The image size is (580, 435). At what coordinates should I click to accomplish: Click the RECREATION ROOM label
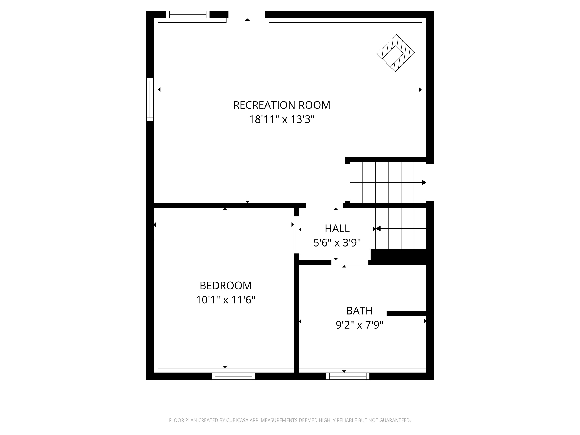(x=281, y=105)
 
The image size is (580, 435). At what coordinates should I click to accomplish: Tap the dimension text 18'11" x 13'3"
(x=281, y=119)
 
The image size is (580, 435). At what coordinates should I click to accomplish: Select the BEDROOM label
(x=225, y=286)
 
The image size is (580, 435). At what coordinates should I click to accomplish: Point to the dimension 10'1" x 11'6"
(x=225, y=300)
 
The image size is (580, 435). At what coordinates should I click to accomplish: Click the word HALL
(x=337, y=229)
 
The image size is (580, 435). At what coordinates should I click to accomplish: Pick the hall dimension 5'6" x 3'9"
(x=337, y=243)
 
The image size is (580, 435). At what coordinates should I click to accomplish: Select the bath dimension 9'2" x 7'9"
(x=359, y=325)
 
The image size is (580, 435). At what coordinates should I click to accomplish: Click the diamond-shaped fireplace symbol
(x=396, y=53)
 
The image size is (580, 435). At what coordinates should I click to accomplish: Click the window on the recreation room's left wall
(x=150, y=99)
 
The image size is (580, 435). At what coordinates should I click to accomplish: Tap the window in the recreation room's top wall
(x=188, y=14)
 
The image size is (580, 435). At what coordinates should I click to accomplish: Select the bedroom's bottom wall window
(x=233, y=376)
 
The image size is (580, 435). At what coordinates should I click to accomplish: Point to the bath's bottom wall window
(x=348, y=376)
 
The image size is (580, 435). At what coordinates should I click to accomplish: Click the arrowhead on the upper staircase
(x=424, y=183)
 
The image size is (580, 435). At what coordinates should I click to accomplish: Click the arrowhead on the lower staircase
(x=378, y=229)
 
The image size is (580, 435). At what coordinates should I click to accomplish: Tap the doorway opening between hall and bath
(x=350, y=262)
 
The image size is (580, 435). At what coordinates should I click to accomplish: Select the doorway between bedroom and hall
(x=297, y=235)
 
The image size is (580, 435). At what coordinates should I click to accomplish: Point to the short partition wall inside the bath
(x=406, y=313)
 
